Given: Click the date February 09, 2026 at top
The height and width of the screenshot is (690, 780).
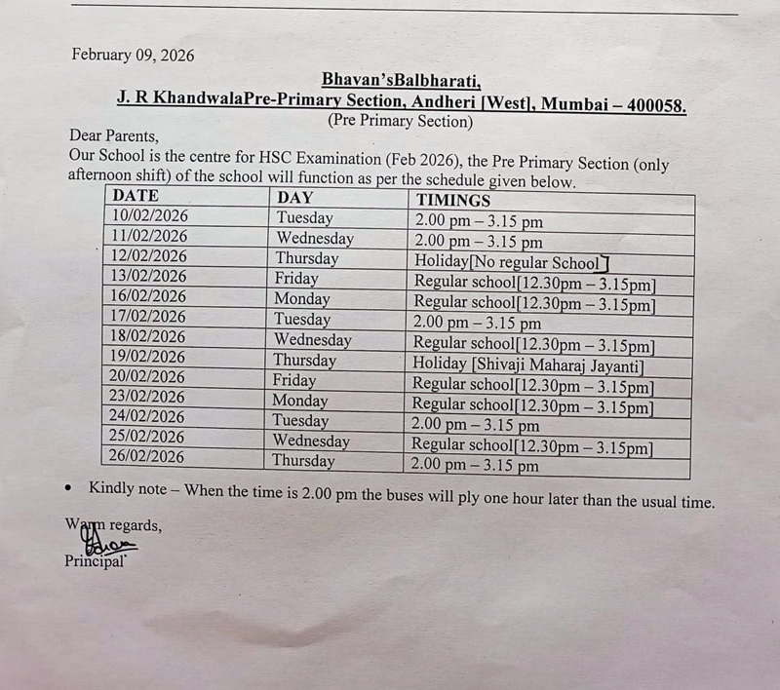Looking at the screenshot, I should (133, 56).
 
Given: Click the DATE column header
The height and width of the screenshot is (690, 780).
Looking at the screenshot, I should (136, 196).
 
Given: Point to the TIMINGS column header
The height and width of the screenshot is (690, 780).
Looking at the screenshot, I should (453, 200).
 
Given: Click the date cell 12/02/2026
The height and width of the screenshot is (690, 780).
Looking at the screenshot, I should (149, 256).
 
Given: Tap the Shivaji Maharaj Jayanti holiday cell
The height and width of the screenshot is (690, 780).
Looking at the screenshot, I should (526, 365).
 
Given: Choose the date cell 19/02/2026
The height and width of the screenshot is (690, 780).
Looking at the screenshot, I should (149, 357).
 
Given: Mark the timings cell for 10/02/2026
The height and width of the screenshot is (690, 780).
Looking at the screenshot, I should (479, 221).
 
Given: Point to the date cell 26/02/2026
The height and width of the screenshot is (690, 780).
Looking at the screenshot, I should (147, 456).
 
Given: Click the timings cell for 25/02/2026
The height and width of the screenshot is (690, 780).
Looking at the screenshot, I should (532, 447).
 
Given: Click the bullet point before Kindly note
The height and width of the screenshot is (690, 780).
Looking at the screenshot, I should (67, 487).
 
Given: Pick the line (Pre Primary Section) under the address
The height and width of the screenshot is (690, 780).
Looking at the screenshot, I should (401, 122).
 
